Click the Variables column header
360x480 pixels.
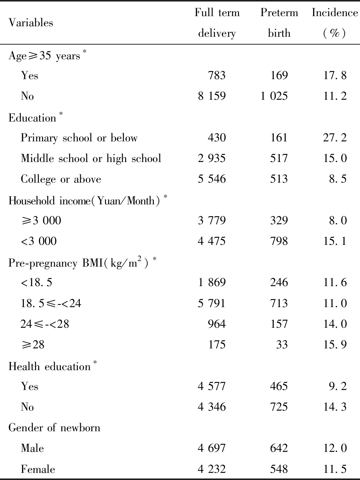pyautogui.click(x=31, y=23)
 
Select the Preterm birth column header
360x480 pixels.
pyautogui.click(x=279, y=23)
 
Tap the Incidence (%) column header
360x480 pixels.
pyautogui.click(x=335, y=23)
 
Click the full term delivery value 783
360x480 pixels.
pyautogui.click(x=217, y=75)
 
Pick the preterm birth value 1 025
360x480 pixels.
pyautogui.click(x=274, y=96)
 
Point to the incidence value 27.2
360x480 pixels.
pyautogui.click(x=335, y=138)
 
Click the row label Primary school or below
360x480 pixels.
pyautogui.click(x=79, y=138)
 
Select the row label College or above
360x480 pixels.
pyautogui.click(x=61, y=179)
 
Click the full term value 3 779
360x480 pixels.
pyautogui.click(x=212, y=220)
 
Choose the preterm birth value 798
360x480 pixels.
pyautogui.click(x=279, y=241)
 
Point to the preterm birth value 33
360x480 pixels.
pyautogui.click(x=282, y=344)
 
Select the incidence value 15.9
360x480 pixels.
pyautogui.click(x=335, y=344)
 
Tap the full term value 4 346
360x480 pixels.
pyautogui.click(x=212, y=407)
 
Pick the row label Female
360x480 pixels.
pyautogui.click(x=38, y=469)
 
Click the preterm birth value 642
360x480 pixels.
pyautogui.click(x=279, y=448)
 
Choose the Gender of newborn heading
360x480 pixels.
pyautogui.click(x=54, y=427)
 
